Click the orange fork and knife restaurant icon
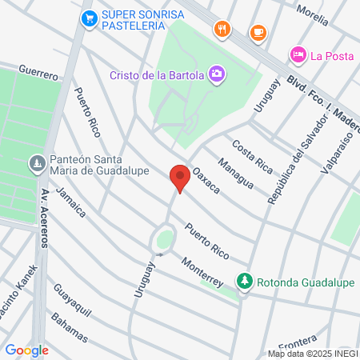222,30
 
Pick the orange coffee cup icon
257,32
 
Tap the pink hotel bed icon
297,54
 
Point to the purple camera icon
216,75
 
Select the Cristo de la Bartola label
157,76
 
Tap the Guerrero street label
38,72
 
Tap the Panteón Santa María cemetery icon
36,165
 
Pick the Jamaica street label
72,205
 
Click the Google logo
26,350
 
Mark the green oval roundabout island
164,238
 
